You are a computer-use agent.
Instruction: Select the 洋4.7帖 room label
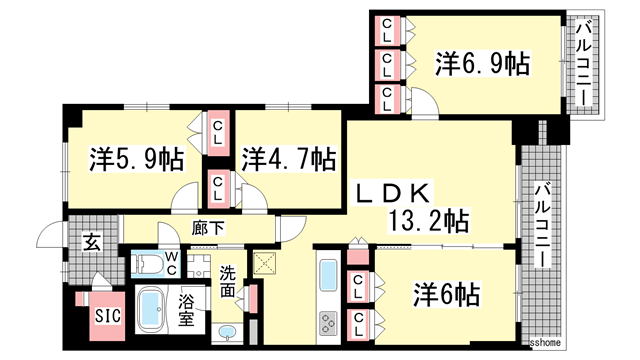[287, 158]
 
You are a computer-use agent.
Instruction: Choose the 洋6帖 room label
[447, 295]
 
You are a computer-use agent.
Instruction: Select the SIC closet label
[107, 316]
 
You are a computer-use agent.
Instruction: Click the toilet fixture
[149, 264]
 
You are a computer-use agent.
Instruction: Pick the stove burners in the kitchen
[329, 325]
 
